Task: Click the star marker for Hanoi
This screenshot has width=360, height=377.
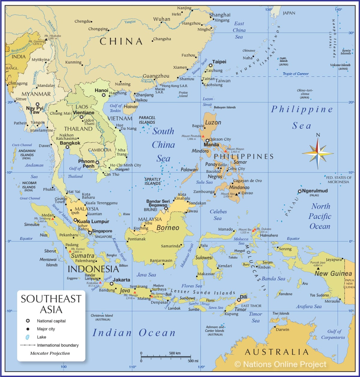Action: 104,95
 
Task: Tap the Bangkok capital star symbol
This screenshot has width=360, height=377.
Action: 67,147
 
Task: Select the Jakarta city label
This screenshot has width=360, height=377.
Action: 121,280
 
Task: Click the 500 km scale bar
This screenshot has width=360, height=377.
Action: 166,357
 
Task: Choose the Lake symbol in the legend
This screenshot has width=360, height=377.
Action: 28,337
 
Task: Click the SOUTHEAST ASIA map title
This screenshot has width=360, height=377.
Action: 51,304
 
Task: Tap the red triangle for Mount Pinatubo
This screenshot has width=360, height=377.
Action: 203,136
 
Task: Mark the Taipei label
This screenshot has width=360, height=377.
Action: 219,62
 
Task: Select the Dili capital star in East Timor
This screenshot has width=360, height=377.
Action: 239,300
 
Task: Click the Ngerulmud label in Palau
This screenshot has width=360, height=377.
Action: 315,191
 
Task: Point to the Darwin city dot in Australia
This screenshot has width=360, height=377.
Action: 274,327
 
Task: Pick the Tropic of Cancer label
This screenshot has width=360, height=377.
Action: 295,74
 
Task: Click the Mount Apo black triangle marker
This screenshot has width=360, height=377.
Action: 237,194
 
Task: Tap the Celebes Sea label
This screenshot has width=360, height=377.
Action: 218,215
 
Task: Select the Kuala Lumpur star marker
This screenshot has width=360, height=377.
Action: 76,220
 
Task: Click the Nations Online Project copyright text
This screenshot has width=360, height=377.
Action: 280,364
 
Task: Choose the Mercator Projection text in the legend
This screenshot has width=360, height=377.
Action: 50,353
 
